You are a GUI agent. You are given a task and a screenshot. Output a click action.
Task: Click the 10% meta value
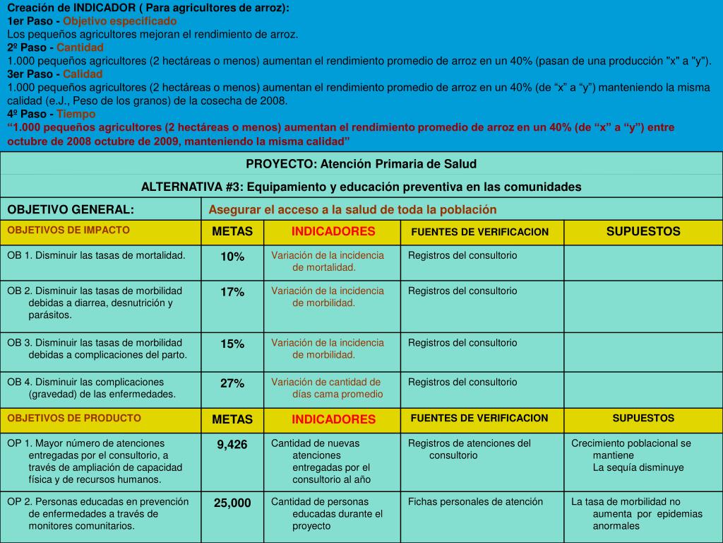(232, 257)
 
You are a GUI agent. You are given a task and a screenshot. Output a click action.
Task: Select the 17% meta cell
(232, 292)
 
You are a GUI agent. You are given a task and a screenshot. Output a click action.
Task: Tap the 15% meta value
(232, 344)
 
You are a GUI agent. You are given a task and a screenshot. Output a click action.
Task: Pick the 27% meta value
(232, 383)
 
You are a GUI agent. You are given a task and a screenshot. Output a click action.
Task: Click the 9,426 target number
(232, 445)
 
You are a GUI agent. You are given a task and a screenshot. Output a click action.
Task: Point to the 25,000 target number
(232, 503)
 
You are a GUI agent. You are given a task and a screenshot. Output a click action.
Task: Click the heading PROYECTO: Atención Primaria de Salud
(361, 164)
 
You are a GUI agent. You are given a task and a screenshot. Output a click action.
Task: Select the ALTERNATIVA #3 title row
(361, 187)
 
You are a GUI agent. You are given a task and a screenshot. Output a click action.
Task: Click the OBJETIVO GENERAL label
(71, 210)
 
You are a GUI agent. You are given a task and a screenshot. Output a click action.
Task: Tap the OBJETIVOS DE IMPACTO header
(68, 230)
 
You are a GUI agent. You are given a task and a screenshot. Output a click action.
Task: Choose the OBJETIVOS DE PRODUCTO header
(74, 418)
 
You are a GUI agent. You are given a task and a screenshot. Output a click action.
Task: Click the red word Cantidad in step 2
(80, 47)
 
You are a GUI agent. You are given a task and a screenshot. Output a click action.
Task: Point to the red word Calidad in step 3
(83, 74)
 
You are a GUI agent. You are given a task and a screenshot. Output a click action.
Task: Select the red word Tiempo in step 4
(76, 114)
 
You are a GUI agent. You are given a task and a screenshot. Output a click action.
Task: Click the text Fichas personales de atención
(475, 502)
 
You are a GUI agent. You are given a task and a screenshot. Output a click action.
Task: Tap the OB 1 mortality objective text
(96, 255)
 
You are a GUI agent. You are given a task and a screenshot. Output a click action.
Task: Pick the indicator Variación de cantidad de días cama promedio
(327, 388)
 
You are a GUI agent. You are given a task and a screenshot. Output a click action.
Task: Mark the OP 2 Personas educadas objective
(98, 513)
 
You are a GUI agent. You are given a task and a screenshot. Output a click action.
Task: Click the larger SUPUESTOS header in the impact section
(643, 232)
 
